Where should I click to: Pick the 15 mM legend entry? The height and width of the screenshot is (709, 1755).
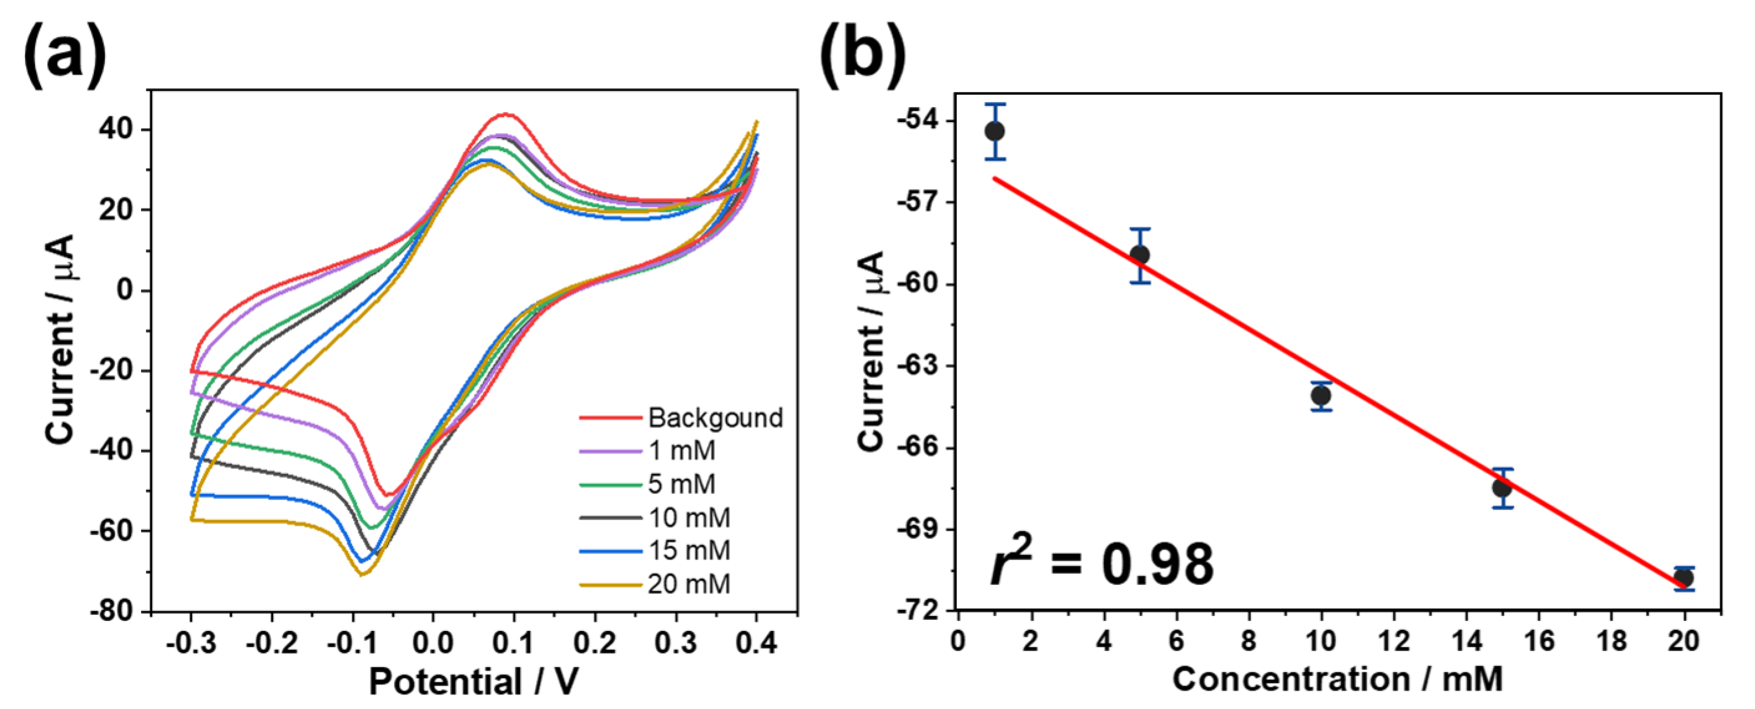[688, 550]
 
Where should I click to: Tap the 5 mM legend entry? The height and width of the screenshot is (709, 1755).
[681, 484]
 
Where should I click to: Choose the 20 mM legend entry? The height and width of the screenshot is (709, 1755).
[688, 584]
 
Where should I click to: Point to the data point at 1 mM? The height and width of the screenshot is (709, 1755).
[995, 132]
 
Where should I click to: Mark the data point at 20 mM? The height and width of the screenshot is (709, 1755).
[1684, 578]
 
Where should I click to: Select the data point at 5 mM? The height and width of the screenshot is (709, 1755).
[1140, 255]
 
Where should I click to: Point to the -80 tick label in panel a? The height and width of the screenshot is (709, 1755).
[113, 611]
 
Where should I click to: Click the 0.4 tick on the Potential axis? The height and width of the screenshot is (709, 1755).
[756, 643]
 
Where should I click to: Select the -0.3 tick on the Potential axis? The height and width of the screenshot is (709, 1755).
[191, 643]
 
